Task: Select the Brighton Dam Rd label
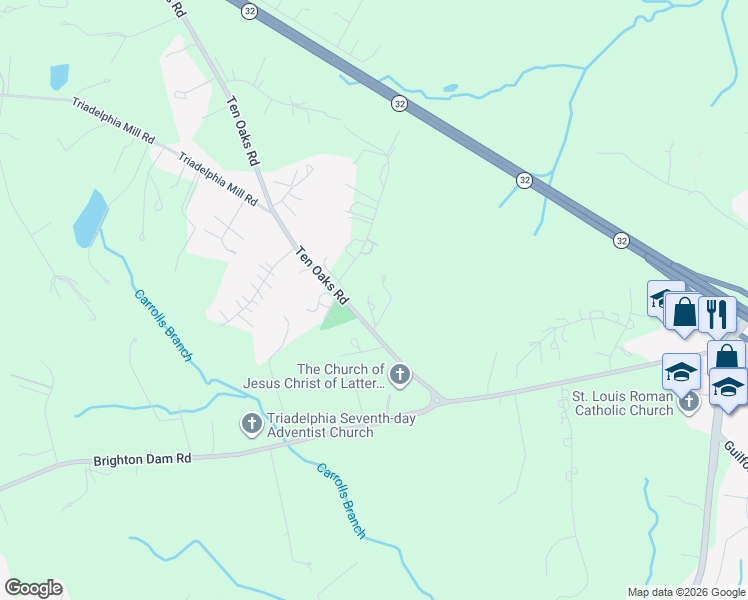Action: [x=142, y=461]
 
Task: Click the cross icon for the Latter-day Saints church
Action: [x=400, y=376]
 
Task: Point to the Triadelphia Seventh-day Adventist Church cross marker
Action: [x=251, y=425]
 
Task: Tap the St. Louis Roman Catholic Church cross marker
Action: [x=688, y=403]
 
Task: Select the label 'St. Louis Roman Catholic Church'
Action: [x=622, y=403]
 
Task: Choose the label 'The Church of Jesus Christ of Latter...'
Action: [x=313, y=376]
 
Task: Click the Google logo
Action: [x=33, y=588]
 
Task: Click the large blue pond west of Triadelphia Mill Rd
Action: [x=89, y=219]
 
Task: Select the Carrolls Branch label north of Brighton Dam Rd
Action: [x=162, y=324]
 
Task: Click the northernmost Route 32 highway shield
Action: [x=248, y=9]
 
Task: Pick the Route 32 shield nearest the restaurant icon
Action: [x=622, y=241]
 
